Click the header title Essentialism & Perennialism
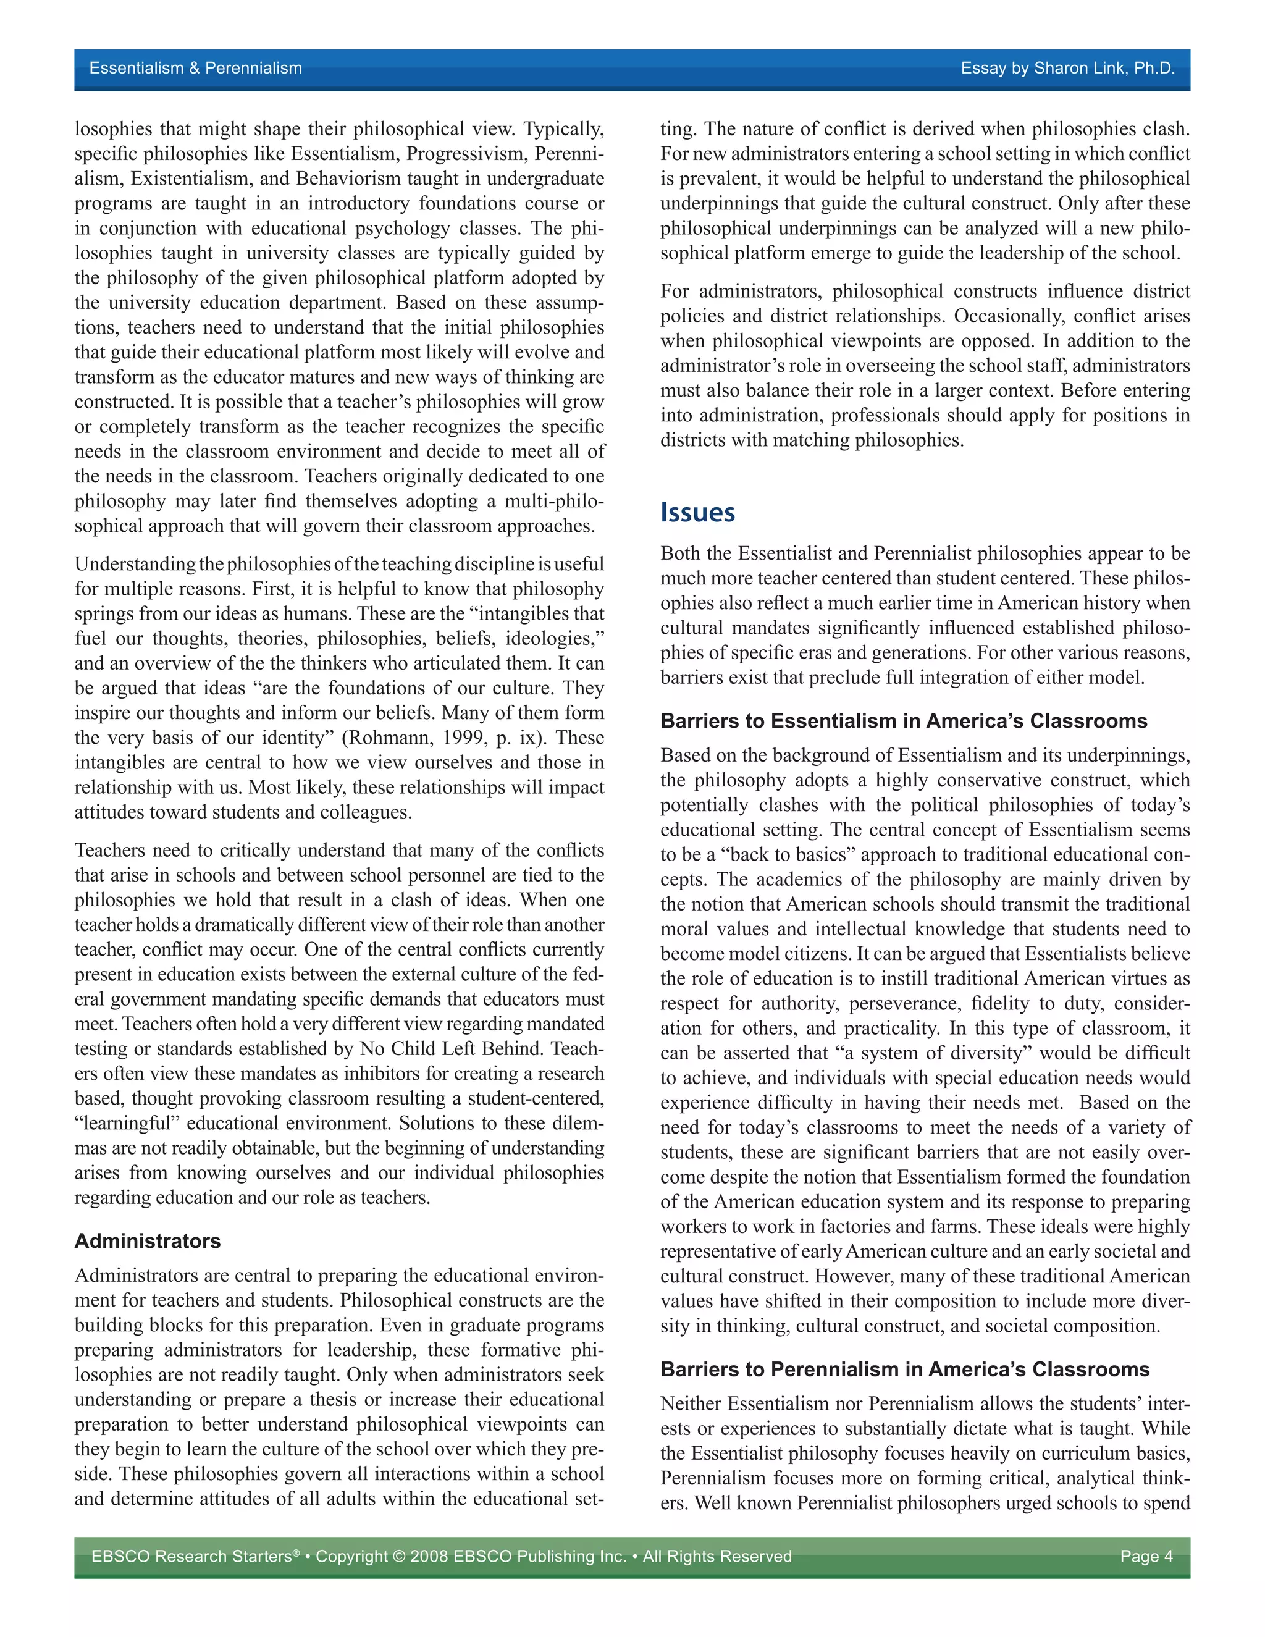(x=196, y=68)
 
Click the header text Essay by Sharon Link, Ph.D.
(x=1067, y=68)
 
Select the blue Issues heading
(x=697, y=513)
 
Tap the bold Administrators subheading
(x=148, y=1240)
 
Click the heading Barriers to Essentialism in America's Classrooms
(x=903, y=721)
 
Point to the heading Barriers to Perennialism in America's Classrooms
(x=904, y=1370)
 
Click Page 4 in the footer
(x=1146, y=1556)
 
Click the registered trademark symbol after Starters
(x=296, y=1552)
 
